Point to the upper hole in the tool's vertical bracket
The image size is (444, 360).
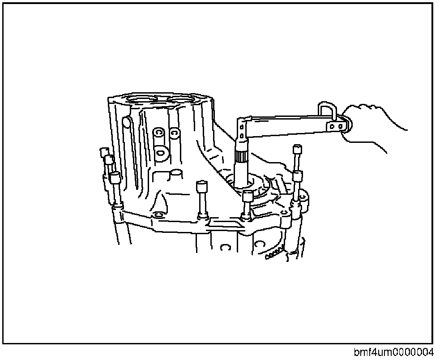click(x=242, y=127)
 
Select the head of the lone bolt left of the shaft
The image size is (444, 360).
click(x=201, y=185)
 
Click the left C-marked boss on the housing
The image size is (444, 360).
click(x=158, y=133)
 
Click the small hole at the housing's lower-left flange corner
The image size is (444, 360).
click(x=157, y=216)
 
